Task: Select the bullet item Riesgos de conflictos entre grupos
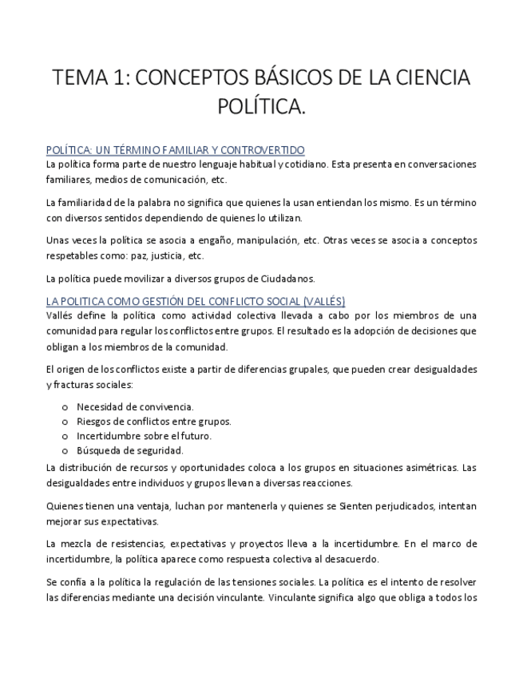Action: pyautogui.click(x=153, y=422)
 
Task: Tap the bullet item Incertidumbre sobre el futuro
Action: pyautogui.click(x=144, y=436)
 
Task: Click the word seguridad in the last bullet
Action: pyautogui.click(x=159, y=450)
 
